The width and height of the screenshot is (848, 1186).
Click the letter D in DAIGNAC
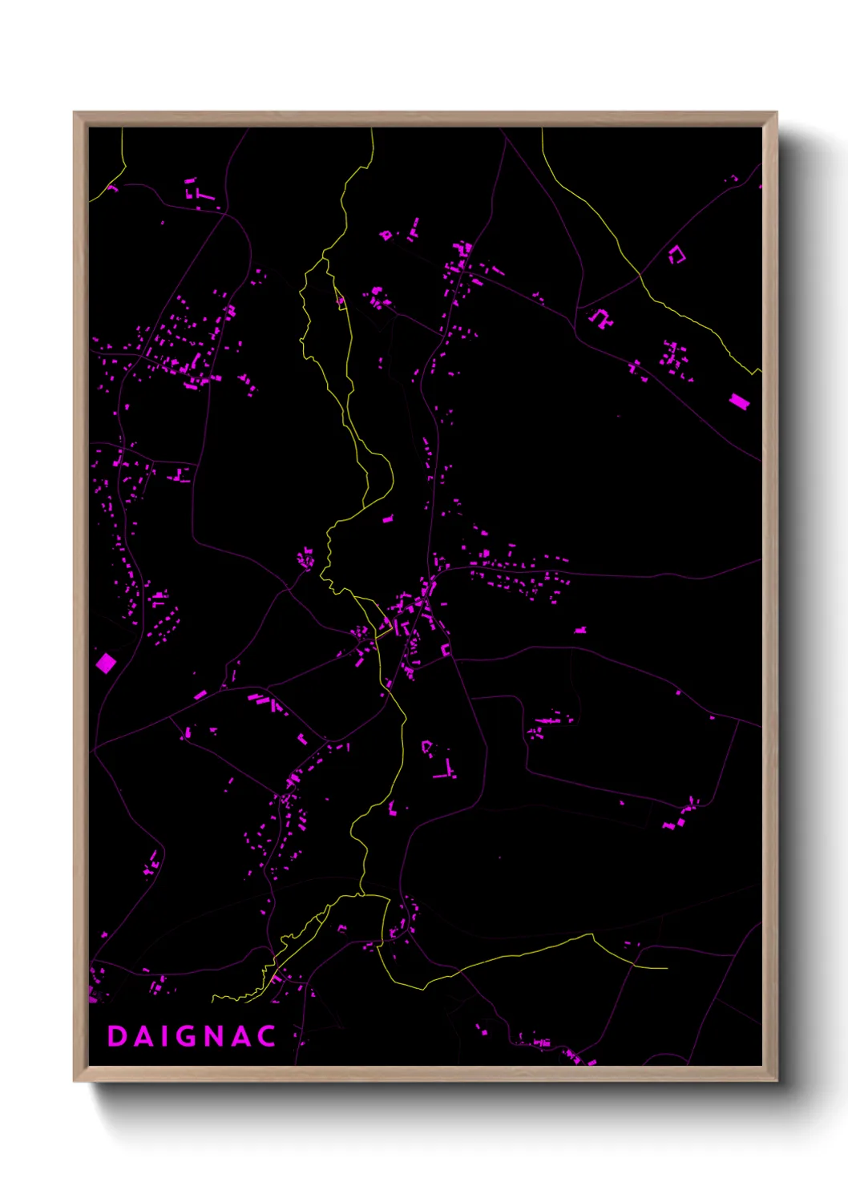tap(117, 1036)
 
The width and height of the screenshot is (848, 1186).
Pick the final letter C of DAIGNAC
tap(267, 1036)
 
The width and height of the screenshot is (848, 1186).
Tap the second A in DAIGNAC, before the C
tap(240, 1036)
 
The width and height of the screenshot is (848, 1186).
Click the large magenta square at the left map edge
tap(106, 663)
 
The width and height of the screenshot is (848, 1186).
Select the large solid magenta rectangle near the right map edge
tap(739, 401)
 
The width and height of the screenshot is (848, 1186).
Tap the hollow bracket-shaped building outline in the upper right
tap(678, 255)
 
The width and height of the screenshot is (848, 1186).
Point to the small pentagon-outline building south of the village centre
tap(427, 747)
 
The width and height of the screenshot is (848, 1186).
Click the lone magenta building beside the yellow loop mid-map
tap(388, 519)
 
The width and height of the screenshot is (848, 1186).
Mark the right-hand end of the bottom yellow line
tap(667, 968)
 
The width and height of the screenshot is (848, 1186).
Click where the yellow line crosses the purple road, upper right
tap(640, 275)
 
